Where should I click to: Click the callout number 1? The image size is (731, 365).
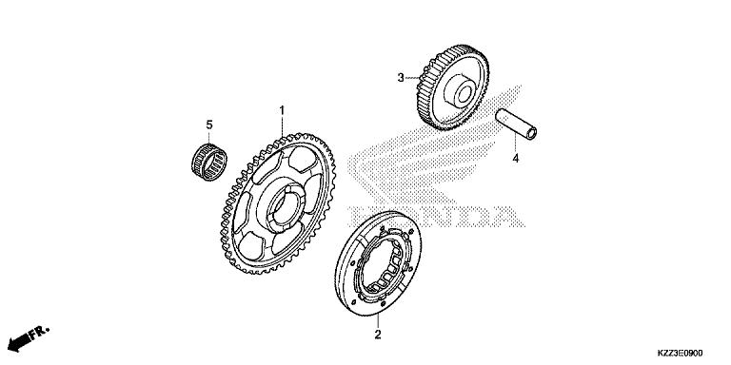tap(282, 111)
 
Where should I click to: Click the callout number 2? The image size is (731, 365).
tap(378, 335)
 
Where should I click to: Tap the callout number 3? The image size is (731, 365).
tap(402, 77)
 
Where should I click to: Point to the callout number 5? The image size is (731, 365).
tap(209, 125)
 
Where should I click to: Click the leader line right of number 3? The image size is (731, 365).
tap(414, 77)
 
